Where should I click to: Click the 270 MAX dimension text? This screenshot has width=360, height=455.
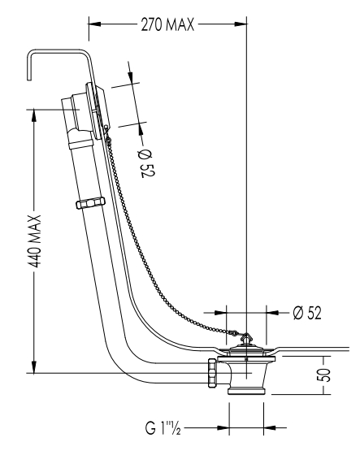(167, 24)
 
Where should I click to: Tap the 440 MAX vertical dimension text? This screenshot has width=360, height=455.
(35, 241)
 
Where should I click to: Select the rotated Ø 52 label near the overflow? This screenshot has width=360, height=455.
(147, 163)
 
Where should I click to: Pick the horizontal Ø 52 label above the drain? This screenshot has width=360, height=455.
(307, 313)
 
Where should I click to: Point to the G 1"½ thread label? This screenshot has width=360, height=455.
(163, 427)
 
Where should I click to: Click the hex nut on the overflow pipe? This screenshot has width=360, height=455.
(90, 203)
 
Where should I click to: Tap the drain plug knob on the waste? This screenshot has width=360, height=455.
(246, 339)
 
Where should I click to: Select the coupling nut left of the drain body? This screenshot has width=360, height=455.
(213, 372)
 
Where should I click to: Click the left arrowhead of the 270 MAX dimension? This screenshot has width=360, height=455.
(94, 24)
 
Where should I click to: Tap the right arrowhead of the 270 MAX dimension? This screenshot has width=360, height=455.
(241, 24)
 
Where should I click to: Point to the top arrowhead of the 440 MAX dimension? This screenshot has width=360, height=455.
(34, 115)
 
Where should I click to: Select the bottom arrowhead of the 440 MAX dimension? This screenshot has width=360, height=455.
(34, 366)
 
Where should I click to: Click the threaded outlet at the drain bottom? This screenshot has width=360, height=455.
(246, 390)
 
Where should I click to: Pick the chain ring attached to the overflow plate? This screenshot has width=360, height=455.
(106, 127)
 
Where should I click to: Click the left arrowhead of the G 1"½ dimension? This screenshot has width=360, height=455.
(223, 427)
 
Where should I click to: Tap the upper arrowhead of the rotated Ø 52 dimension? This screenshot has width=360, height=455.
(130, 76)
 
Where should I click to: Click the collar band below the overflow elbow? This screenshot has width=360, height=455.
(81, 144)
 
